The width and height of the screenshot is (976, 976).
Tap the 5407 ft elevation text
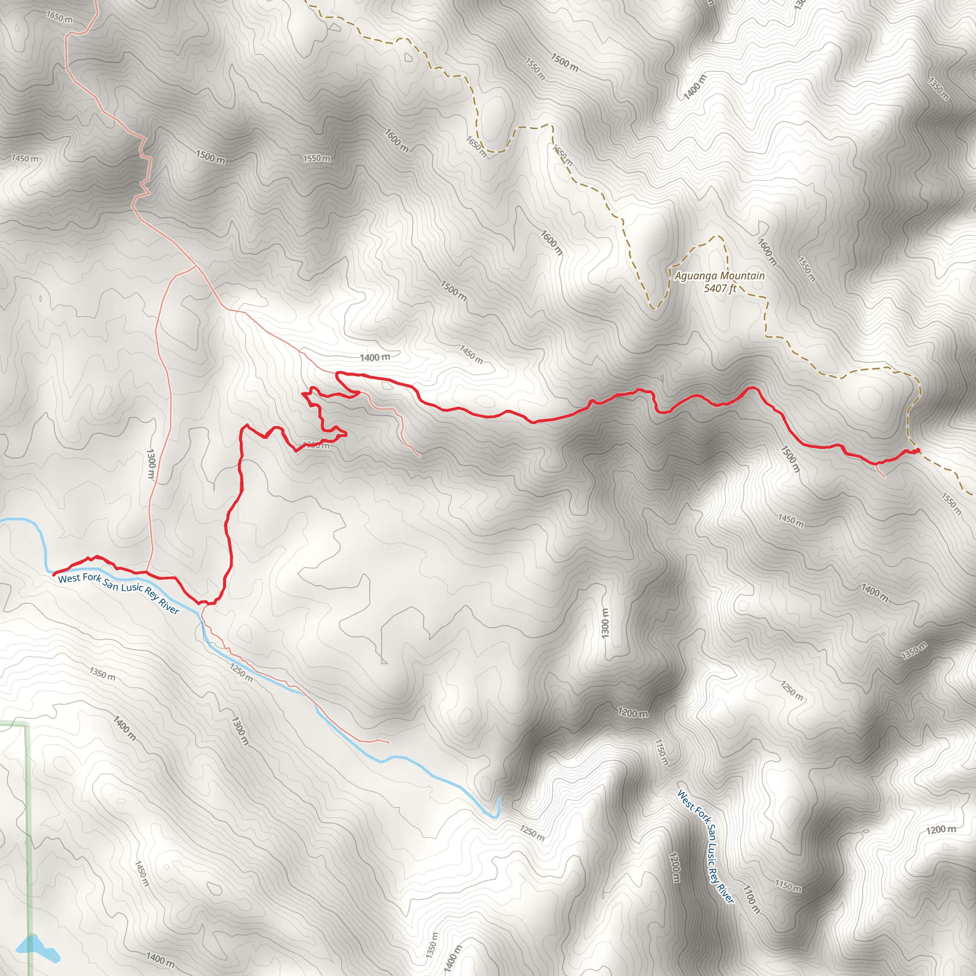[720, 288]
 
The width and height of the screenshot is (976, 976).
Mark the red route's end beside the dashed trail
[917, 450]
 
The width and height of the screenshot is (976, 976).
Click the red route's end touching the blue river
[53, 574]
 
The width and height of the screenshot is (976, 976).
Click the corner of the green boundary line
[27, 726]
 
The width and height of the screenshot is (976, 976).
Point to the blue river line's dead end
[498, 799]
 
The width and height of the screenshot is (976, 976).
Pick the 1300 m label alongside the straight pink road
[151, 463]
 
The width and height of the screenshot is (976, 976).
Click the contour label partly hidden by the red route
[316, 445]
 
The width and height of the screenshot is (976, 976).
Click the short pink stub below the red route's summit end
[882, 472]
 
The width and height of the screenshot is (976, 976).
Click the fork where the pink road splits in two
[196, 266]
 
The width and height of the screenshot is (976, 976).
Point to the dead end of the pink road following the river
[389, 742]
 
